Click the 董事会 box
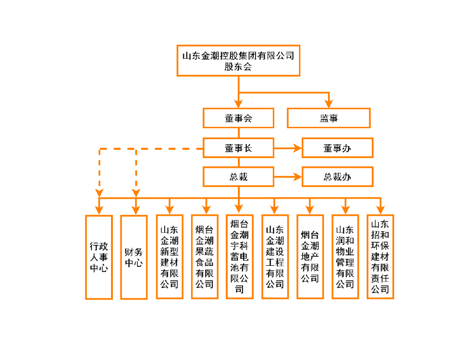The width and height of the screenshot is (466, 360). pyautogui.click(x=238, y=118)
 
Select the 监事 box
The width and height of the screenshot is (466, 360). pyautogui.click(x=328, y=118)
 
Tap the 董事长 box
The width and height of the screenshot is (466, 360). pyautogui.click(x=238, y=148)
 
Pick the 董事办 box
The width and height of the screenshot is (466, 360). pyautogui.click(x=337, y=148)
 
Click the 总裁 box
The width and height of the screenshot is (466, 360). pyautogui.click(x=238, y=177)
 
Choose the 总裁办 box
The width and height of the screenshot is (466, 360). pyautogui.click(x=337, y=177)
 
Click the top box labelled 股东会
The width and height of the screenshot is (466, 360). pyautogui.click(x=238, y=61)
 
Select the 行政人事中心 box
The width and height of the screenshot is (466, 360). pyautogui.click(x=99, y=257)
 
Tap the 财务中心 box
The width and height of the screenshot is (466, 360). pyautogui.click(x=134, y=257)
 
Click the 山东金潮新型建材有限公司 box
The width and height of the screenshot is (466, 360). pyautogui.click(x=169, y=257)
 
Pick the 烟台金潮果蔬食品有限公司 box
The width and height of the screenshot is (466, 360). pyautogui.click(x=204, y=257)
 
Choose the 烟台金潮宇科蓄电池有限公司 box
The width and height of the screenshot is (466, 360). pyautogui.click(x=239, y=257)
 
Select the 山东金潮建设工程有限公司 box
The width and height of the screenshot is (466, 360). pyautogui.click(x=275, y=257)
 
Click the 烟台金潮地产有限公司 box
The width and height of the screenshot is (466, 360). pyautogui.click(x=310, y=257)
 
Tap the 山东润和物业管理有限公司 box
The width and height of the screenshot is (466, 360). pyautogui.click(x=345, y=257)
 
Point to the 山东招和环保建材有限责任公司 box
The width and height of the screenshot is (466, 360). pyautogui.click(x=380, y=257)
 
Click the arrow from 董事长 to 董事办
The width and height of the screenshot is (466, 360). pyautogui.click(x=287, y=148)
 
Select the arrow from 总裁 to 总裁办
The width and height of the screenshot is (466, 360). pyautogui.click(x=287, y=177)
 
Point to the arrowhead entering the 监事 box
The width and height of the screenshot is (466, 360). pyautogui.click(x=329, y=104)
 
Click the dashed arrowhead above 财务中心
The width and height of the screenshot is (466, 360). pyautogui.click(x=136, y=193)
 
